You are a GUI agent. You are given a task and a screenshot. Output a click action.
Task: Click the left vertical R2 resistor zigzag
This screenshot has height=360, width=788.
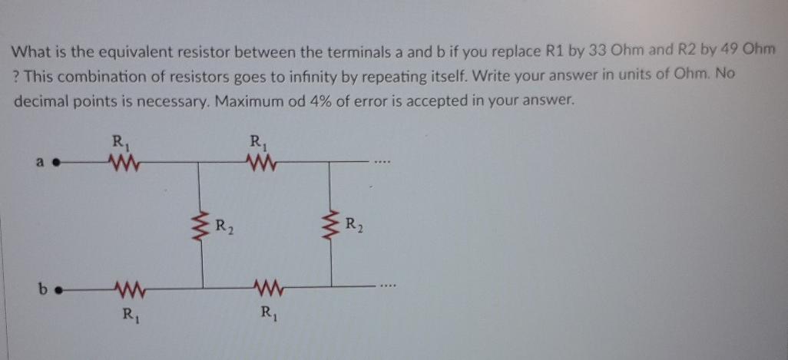click(x=202, y=225)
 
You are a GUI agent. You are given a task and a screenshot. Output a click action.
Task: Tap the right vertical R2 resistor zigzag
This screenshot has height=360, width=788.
click(x=331, y=223)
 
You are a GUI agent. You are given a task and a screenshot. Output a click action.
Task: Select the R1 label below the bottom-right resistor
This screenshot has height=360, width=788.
click(x=266, y=312)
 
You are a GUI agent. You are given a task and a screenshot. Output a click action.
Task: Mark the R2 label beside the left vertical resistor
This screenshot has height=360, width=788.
click(x=223, y=226)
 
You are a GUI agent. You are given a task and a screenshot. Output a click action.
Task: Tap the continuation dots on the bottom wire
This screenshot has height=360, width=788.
click(x=386, y=289)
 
